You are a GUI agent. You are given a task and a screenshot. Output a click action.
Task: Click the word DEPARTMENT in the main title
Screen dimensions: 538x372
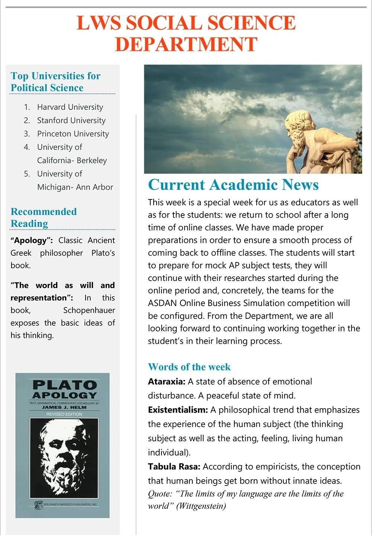(186, 44)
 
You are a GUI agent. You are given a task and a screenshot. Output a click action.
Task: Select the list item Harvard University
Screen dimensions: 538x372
(70, 107)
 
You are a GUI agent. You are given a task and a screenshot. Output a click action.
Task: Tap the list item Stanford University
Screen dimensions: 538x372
(71, 121)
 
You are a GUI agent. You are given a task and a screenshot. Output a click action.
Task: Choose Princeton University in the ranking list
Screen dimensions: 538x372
(73, 134)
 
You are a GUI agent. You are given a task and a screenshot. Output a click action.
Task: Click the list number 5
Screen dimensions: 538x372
(27, 174)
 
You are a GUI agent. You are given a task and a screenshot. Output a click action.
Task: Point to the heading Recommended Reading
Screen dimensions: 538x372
(44, 217)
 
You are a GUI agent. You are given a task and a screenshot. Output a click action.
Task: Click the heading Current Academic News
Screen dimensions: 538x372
(233, 185)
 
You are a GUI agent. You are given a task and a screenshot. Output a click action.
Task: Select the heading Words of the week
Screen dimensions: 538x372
(189, 367)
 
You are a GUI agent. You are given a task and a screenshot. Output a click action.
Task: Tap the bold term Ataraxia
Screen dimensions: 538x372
(166, 382)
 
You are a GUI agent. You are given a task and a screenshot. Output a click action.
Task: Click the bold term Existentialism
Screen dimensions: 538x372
(177, 410)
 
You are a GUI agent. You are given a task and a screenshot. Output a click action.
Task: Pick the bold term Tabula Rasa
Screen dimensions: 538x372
(174, 467)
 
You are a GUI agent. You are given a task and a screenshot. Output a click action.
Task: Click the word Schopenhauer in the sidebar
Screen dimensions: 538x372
(89, 310)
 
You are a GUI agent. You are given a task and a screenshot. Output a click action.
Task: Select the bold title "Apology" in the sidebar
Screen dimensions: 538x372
(32, 240)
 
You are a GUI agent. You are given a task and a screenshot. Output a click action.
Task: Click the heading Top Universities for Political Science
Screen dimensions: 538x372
(55, 82)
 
